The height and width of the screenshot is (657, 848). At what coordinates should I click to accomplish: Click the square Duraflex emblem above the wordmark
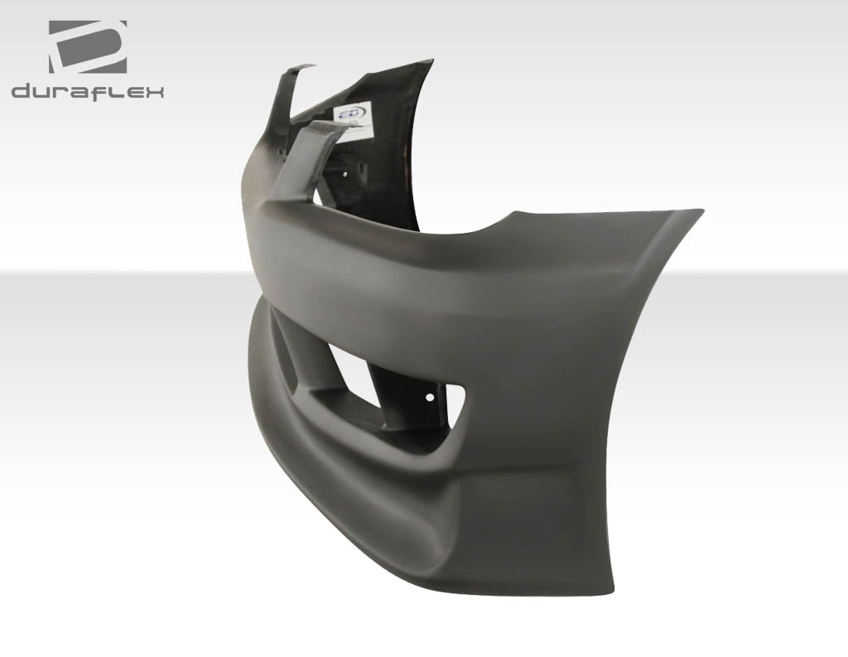(87, 46)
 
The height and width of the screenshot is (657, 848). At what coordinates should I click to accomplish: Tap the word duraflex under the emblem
(88, 91)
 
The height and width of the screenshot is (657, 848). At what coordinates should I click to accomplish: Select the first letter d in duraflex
(22, 91)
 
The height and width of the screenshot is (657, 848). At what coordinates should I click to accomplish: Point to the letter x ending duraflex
(155, 91)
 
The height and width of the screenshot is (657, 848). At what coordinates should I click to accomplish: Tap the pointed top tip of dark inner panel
(430, 62)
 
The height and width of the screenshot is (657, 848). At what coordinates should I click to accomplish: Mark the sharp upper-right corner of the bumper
(701, 212)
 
